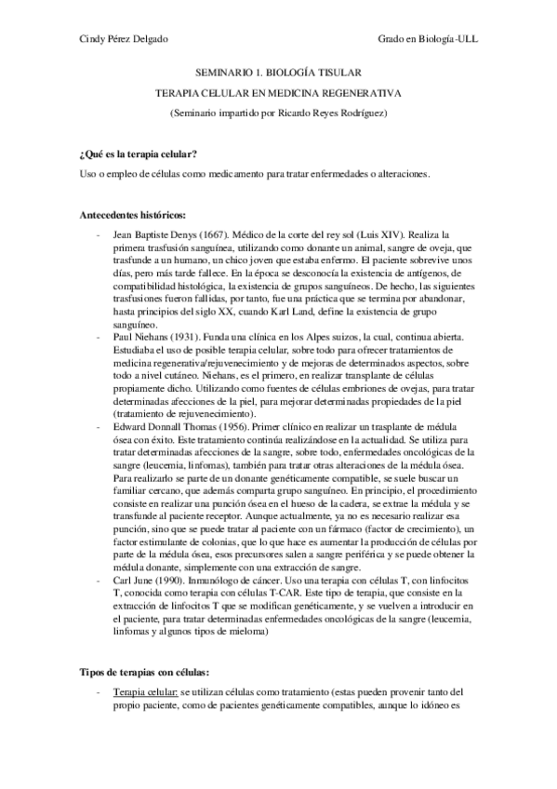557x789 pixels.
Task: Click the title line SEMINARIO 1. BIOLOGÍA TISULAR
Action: point(278,71)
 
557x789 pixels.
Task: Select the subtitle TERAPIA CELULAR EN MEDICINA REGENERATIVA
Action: point(278,93)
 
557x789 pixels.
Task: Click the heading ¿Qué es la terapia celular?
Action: point(140,153)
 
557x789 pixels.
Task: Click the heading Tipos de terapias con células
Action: point(143,671)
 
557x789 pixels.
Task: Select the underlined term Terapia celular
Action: point(144,693)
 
